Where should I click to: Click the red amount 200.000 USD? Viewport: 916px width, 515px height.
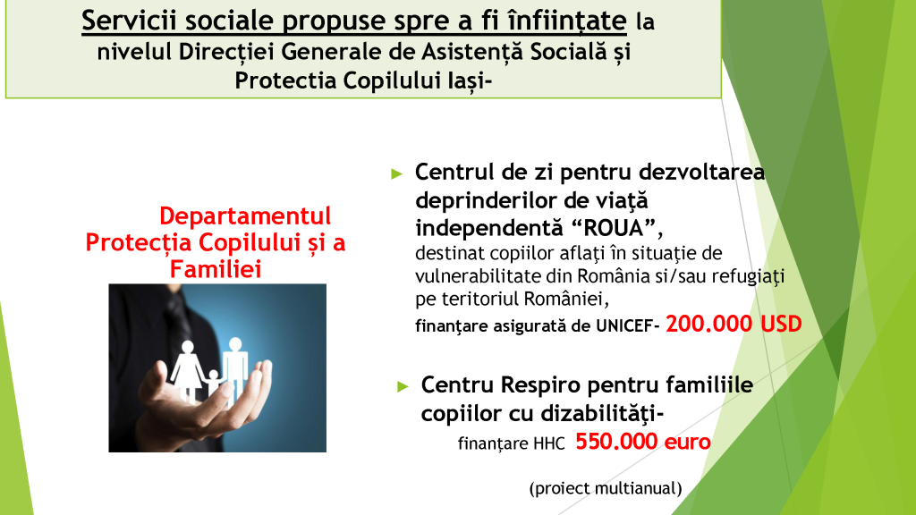[734, 324]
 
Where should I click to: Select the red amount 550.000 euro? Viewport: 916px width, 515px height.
[643, 442]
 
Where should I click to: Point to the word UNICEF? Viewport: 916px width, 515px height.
[623, 325]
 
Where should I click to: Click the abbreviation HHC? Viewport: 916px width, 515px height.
[549, 443]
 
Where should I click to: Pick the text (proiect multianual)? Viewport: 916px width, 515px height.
[606, 488]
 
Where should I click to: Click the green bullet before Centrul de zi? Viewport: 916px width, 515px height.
[396, 173]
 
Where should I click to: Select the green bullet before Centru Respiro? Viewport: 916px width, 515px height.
[403, 386]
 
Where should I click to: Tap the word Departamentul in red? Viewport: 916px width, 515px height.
[245, 216]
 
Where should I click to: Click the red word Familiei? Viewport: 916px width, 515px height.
[216, 269]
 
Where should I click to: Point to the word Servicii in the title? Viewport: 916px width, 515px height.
[130, 21]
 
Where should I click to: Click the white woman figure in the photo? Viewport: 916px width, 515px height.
[187, 371]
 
